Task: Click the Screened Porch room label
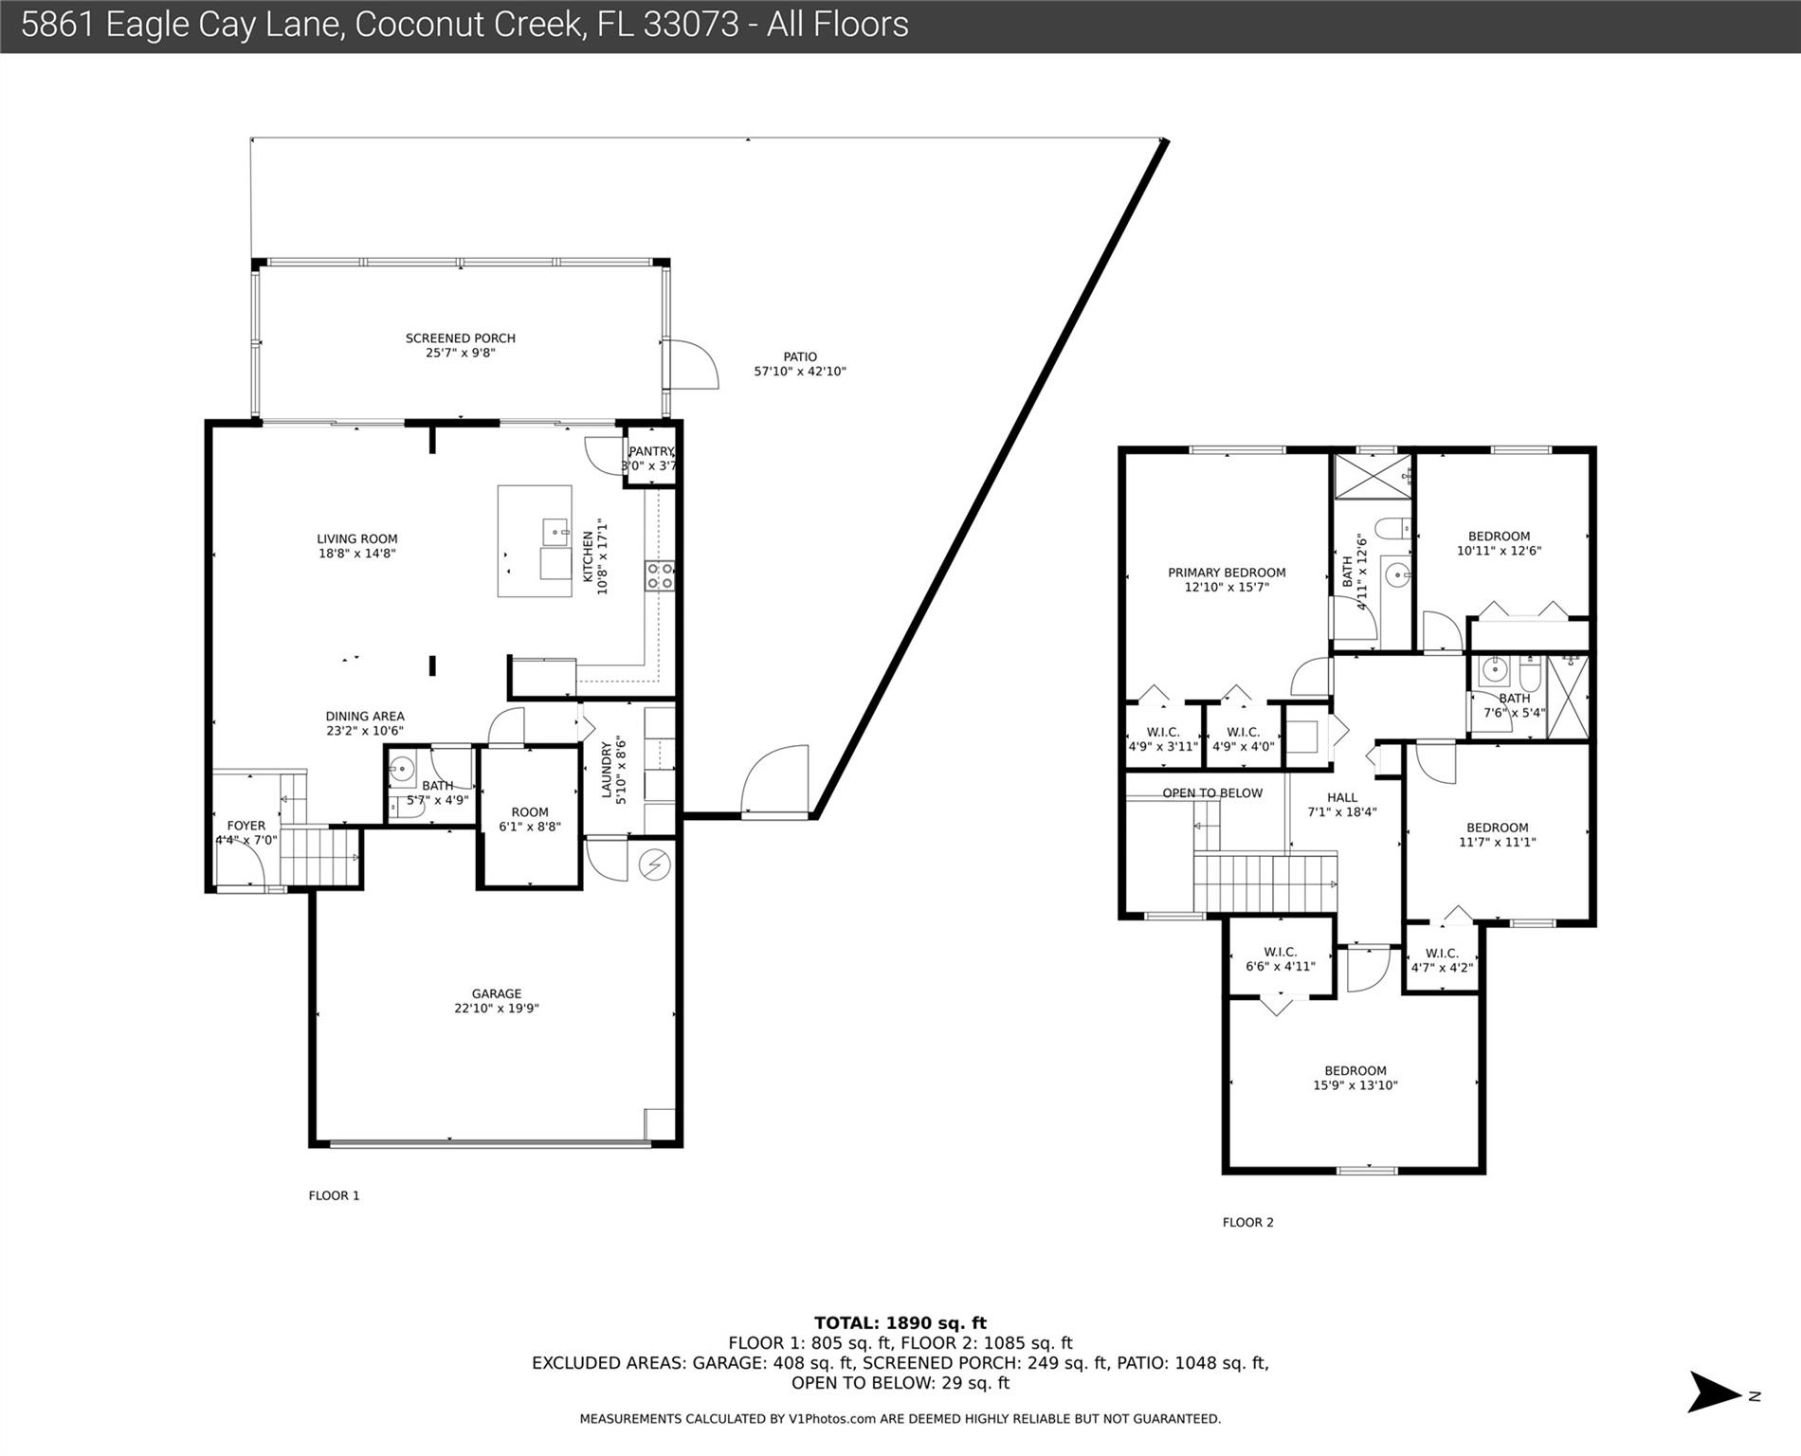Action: pos(460,338)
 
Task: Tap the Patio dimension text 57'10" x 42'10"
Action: pos(799,372)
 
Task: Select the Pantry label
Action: pos(650,451)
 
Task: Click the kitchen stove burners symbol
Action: pos(660,575)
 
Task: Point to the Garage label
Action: pos(496,993)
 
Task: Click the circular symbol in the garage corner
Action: pos(655,864)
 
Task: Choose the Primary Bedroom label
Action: pos(1227,573)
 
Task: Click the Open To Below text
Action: pos(1212,793)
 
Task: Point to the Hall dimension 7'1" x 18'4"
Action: pos(1341,811)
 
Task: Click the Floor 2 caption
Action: pos(1247,1222)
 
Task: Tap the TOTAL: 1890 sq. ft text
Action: pos(900,1323)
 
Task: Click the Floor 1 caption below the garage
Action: pos(334,1195)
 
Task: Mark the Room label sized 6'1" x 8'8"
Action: pos(529,812)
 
